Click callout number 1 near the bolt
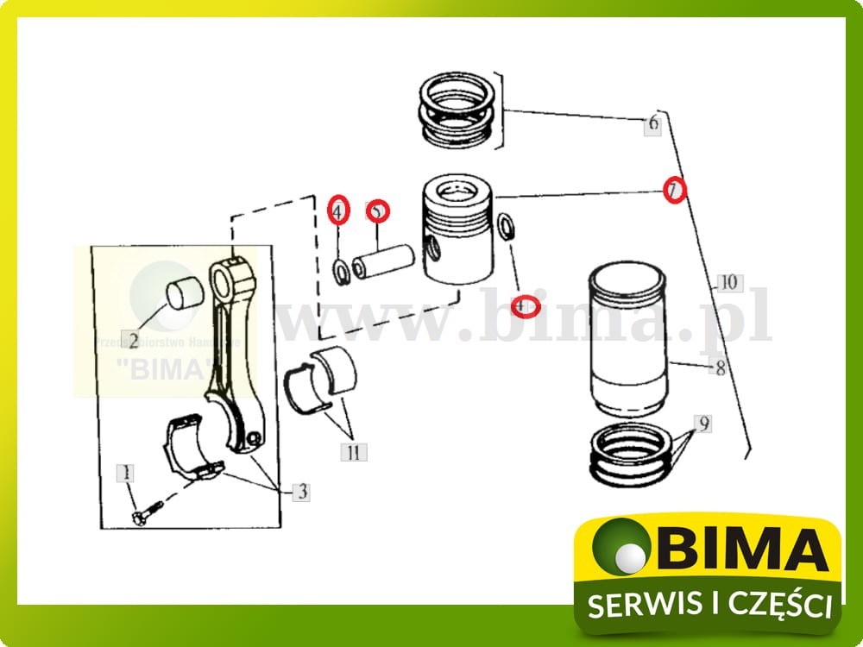pyautogui.click(x=128, y=473)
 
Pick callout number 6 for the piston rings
pyautogui.click(x=652, y=125)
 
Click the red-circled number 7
pyautogui.click(x=675, y=189)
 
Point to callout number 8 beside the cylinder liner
pyautogui.click(x=719, y=369)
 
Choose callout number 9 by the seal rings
pyautogui.click(x=704, y=424)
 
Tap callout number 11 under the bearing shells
pyautogui.click(x=353, y=450)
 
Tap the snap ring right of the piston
pyautogui.click(x=505, y=228)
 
